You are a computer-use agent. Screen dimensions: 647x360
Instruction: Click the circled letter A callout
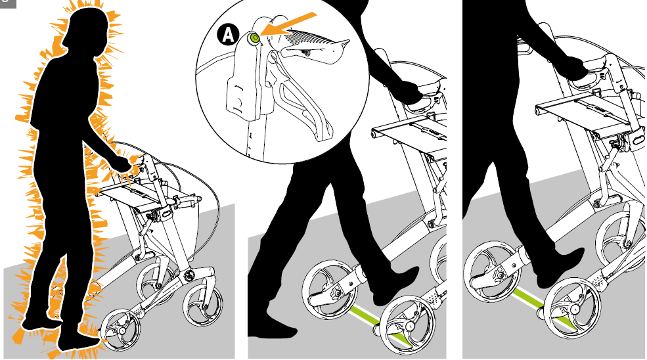[x=228, y=34]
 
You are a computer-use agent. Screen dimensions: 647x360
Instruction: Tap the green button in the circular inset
[x=254, y=38]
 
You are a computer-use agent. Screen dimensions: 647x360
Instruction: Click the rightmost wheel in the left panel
[x=202, y=305]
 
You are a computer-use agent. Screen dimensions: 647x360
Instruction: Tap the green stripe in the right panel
[x=544, y=305]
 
